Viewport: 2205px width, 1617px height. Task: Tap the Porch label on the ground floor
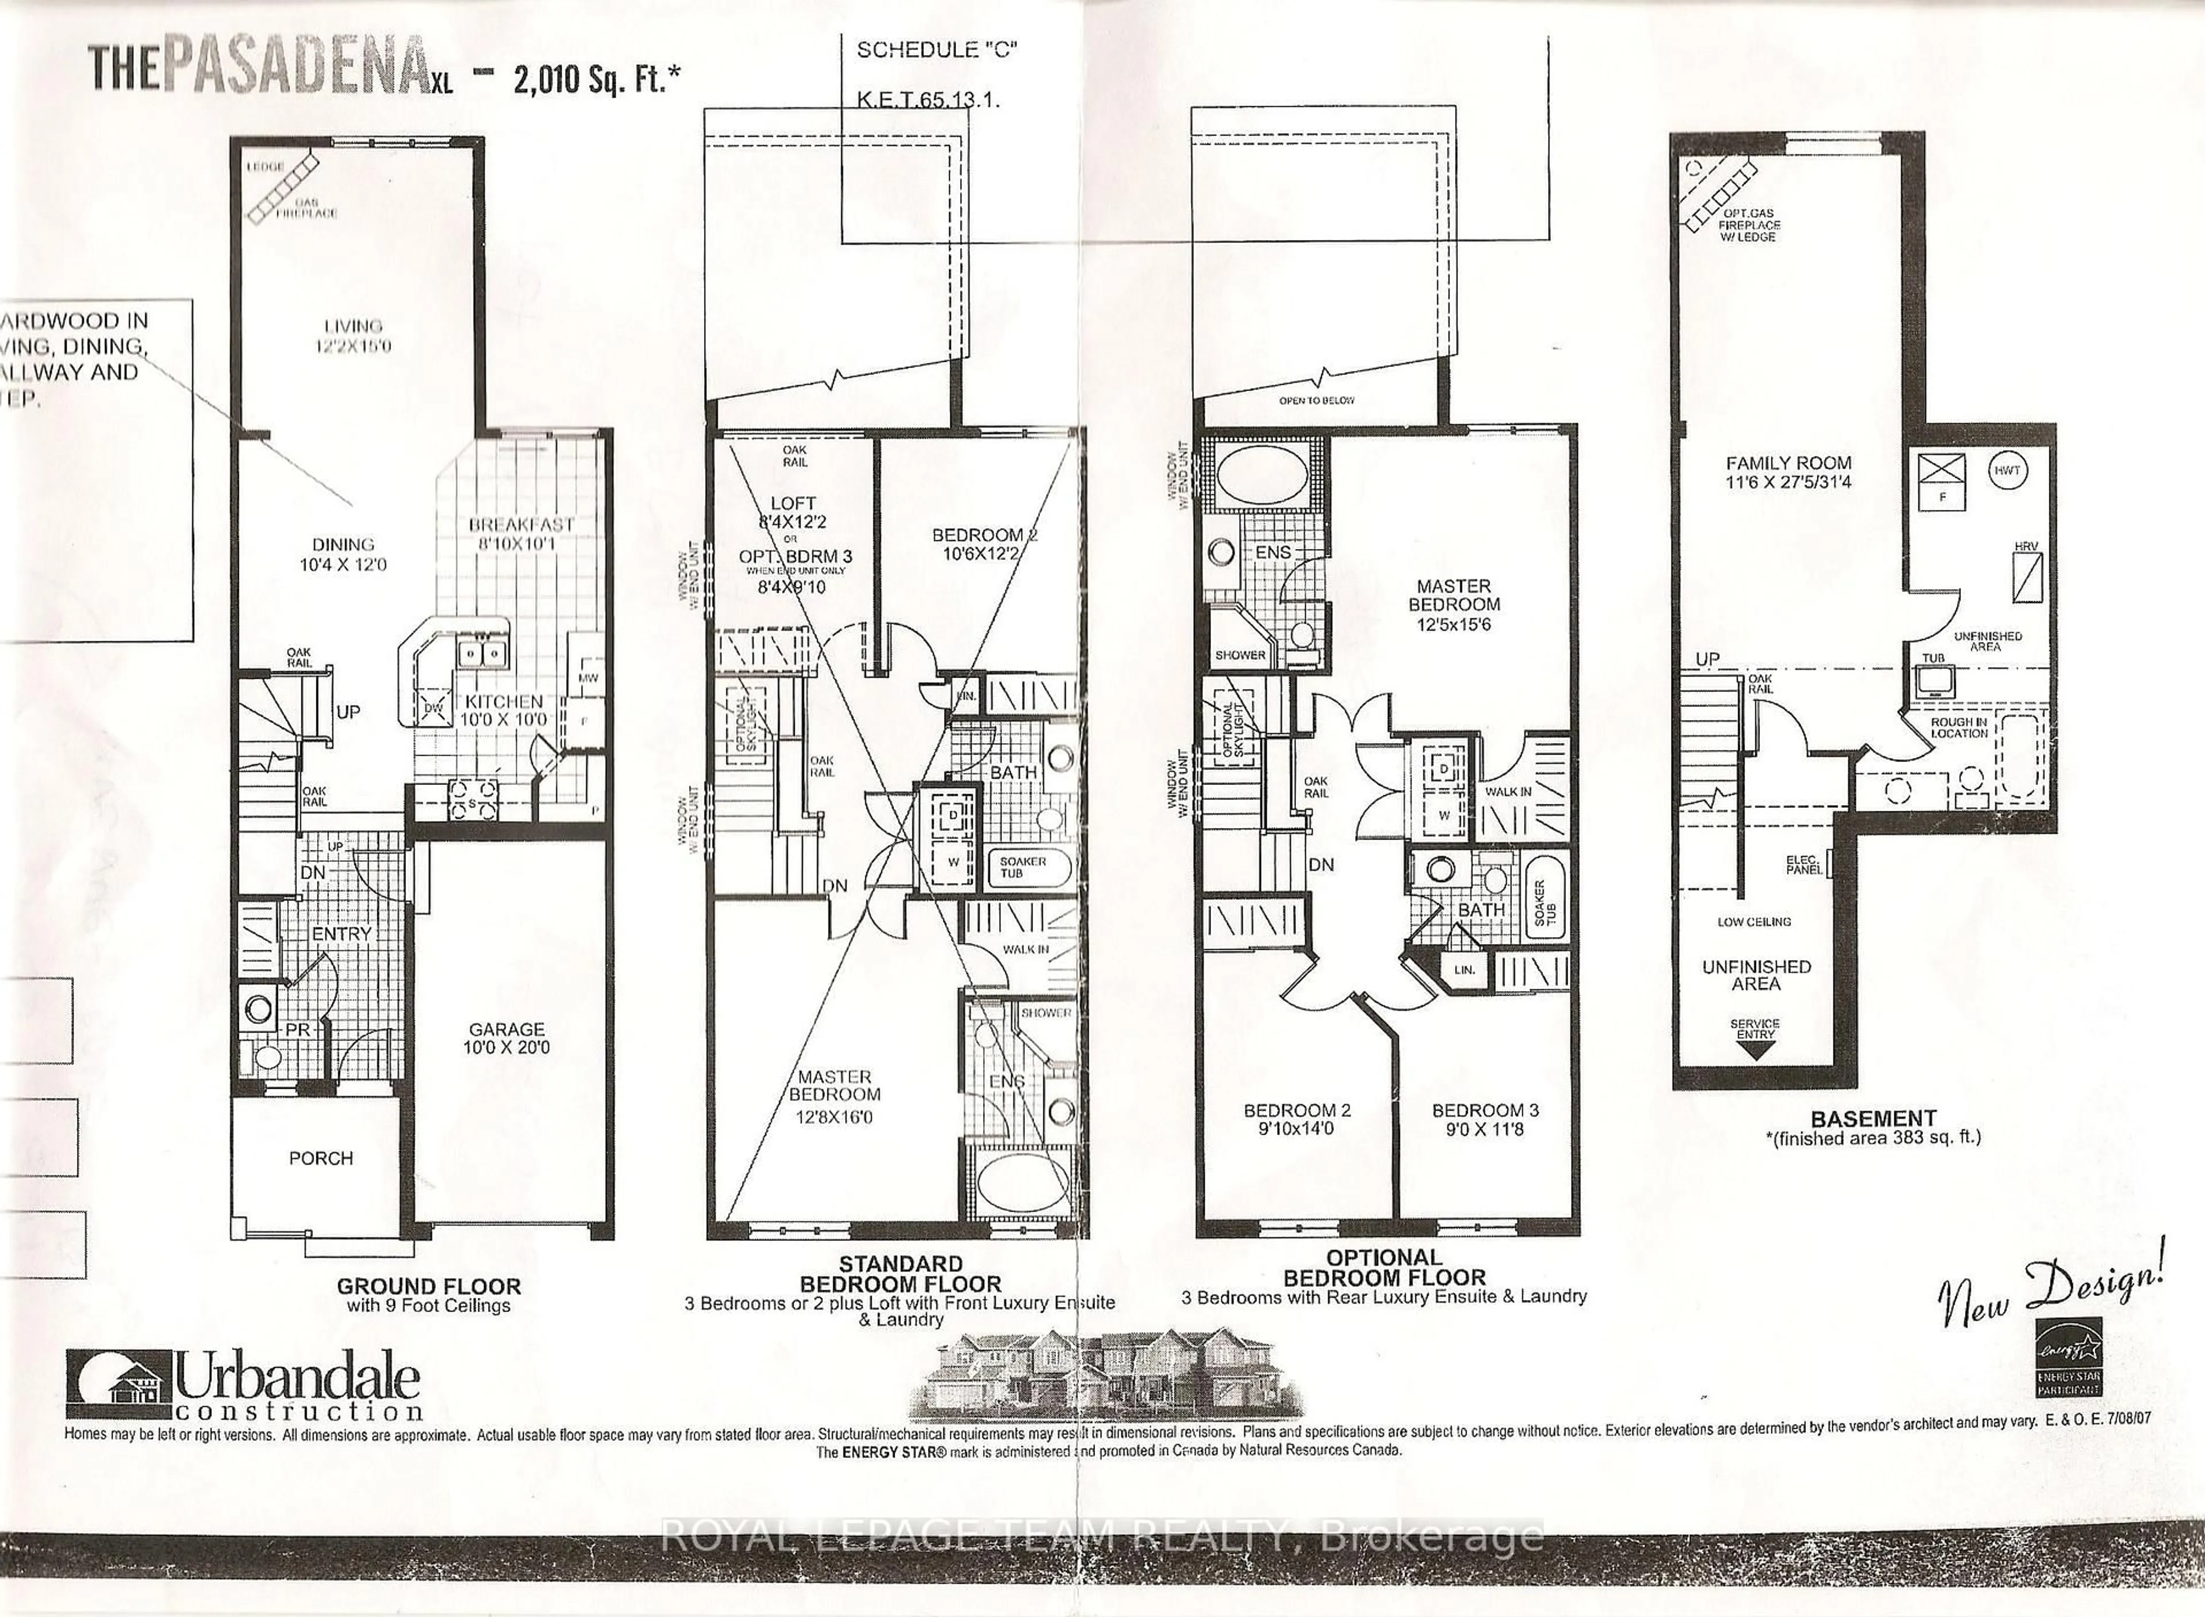click(321, 1158)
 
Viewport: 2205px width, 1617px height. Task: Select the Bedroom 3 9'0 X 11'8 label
click(1485, 1119)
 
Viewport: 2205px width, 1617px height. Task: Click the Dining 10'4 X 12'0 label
click(343, 554)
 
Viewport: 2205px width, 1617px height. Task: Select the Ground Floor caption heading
click(429, 1286)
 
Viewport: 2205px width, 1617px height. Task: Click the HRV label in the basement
click(2025, 545)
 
